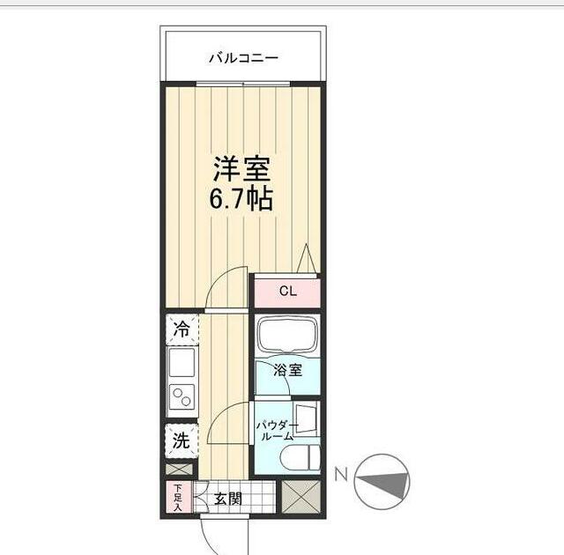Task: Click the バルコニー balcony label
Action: pos(243,59)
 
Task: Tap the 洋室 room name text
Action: pos(241,168)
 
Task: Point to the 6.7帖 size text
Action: pos(241,199)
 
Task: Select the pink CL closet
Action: pos(287,291)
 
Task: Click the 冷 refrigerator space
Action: pos(182,331)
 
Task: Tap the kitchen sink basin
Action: pos(182,362)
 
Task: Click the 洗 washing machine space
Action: pos(181,440)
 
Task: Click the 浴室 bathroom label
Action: pos(287,370)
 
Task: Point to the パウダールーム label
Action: pos(274,431)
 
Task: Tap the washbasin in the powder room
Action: pos(307,418)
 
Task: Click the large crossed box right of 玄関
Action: pos(301,498)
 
